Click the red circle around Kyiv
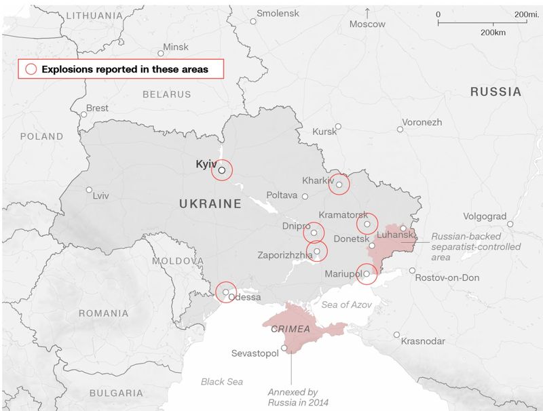[222, 170]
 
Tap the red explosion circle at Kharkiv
[339, 184]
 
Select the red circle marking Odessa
[226, 292]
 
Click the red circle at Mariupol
[367, 274]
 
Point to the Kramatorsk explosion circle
[367, 223]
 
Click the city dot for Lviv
[89, 190]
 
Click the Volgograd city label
[485, 216]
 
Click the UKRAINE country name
[210, 203]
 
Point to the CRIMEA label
[291, 329]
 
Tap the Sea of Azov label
[347, 305]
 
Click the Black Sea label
[222, 382]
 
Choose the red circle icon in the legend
[31, 69]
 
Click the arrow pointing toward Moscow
[367, 12]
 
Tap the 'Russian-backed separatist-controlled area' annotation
[466, 247]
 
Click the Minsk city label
[176, 47]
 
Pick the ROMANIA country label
[103, 313]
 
